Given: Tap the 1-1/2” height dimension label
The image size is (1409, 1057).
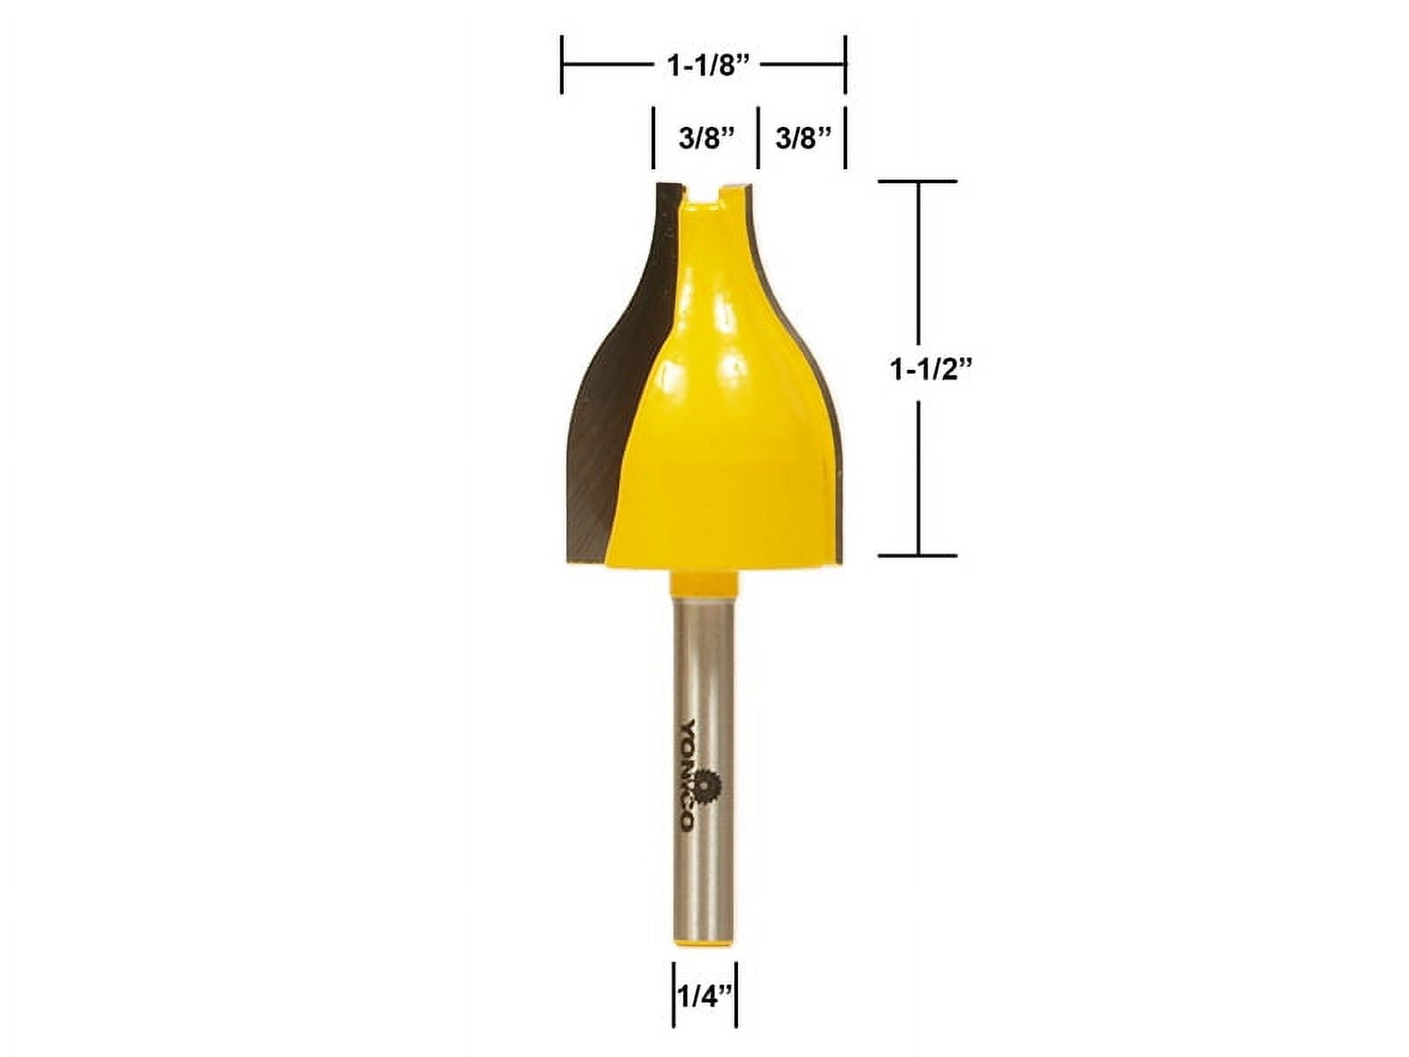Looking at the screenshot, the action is [x=932, y=369].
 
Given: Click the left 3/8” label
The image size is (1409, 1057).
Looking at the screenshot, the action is [x=706, y=138].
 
